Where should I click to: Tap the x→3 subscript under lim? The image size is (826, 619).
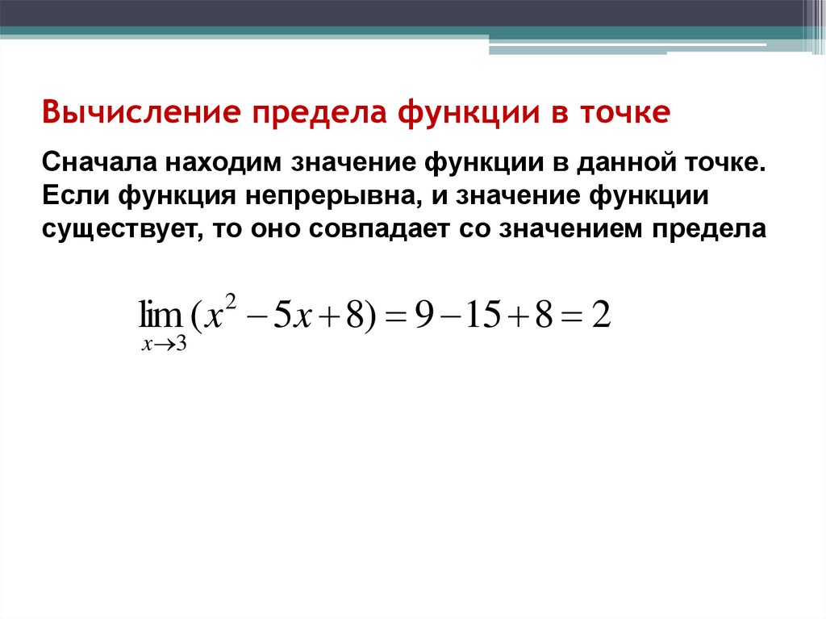[164, 345]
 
